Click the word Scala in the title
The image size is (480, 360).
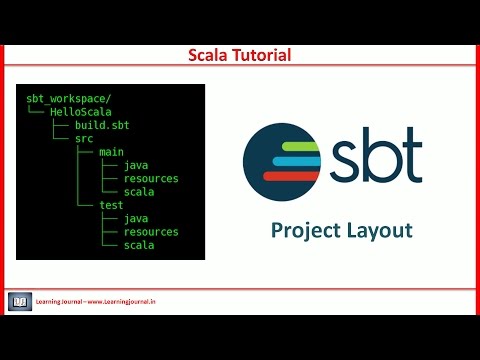210,55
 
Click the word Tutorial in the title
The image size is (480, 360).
261,55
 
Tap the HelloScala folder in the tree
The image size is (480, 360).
83,112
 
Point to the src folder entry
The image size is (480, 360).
84,139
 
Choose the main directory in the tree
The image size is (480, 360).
111,152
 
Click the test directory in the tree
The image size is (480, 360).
111,205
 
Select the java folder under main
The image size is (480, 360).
136,165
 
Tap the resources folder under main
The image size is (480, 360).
150,179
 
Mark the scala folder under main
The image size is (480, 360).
139,192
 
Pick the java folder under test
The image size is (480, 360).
136,218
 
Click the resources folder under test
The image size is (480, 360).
150,232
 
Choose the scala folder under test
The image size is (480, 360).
139,245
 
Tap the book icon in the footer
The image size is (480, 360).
20,301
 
